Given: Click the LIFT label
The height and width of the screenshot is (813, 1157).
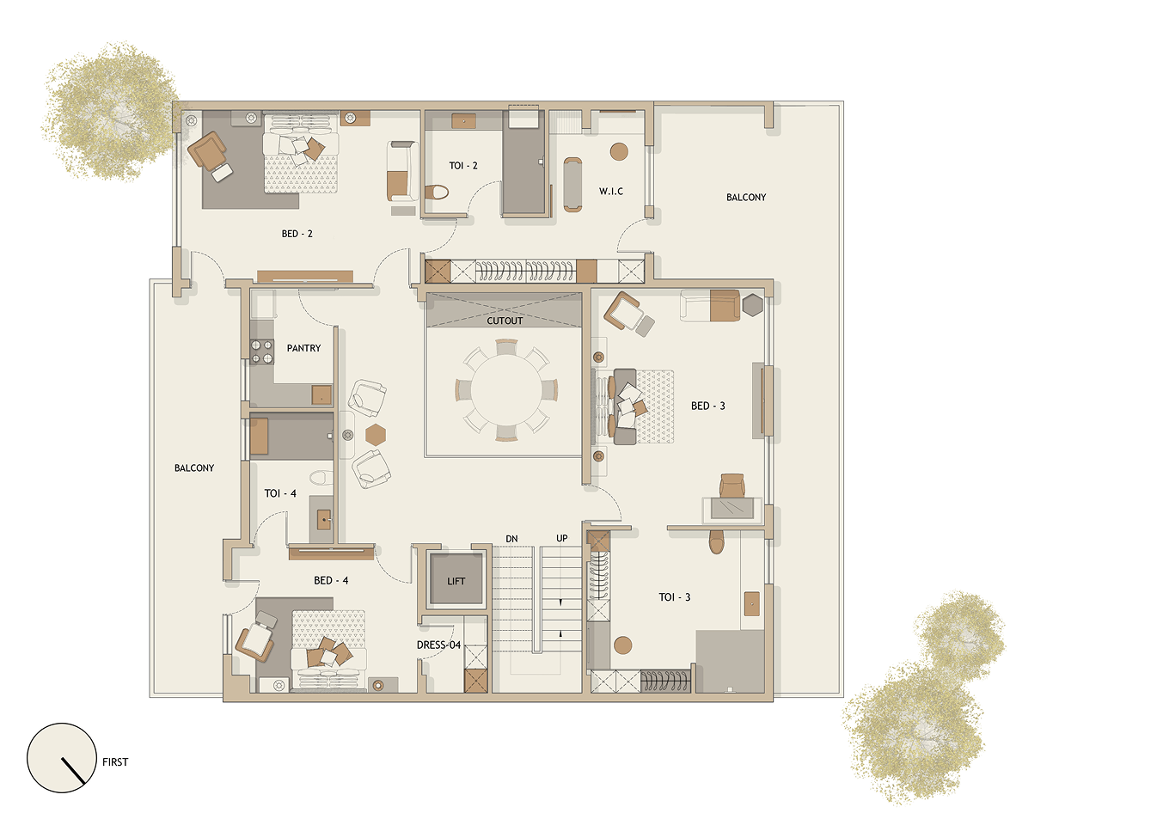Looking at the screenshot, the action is click(456, 581).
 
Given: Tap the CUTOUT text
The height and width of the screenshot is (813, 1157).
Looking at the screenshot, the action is click(505, 321).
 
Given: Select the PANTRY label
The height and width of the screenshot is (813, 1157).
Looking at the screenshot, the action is click(303, 348).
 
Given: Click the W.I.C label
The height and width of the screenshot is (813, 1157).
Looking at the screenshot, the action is click(611, 191).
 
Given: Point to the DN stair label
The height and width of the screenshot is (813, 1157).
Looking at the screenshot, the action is click(511, 539).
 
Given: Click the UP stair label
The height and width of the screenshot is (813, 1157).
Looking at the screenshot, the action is click(562, 538).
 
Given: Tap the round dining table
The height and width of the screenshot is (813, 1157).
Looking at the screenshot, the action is click(506, 390).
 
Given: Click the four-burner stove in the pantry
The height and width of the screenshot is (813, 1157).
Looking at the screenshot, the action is click(262, 351).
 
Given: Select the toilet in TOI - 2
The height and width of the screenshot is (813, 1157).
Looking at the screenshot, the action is click(437, 193).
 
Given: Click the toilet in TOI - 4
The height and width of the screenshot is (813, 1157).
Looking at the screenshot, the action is click(321, 477).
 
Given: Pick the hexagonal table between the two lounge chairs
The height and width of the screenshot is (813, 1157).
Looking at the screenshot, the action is click(376, 434).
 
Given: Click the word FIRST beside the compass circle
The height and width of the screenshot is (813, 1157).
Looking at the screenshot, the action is click(115, 761).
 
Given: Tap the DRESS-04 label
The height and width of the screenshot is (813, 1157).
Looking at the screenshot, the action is click(438, 645).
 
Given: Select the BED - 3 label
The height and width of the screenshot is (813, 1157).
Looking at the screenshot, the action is click(708, 406).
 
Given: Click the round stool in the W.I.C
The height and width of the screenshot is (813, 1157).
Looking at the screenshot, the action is click(619, 151).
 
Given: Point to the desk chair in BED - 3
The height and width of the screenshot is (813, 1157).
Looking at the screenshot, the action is click(732, 486).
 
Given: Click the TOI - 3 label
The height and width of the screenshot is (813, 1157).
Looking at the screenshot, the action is click(675, 597).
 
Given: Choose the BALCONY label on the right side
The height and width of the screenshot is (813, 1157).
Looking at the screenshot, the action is click(746, 198).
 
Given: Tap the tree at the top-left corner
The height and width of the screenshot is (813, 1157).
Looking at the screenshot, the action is click(111, 112).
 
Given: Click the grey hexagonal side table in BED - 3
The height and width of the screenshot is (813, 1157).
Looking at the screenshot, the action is click(753, 305).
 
